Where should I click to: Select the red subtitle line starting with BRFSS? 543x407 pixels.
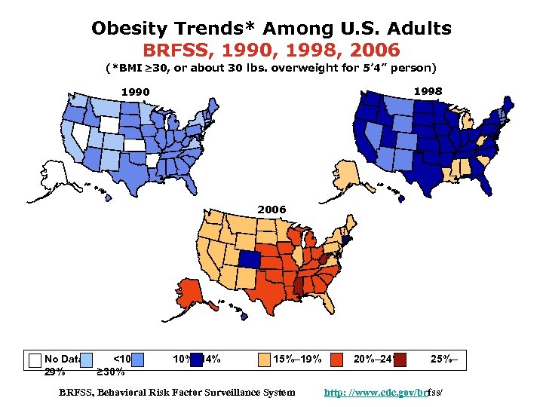[271, 50]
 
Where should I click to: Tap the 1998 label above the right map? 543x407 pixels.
[428, 91]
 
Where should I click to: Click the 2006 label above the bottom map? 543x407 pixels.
[271, 208]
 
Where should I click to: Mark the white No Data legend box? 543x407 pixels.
[34, 360]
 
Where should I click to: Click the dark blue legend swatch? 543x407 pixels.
[197, 360]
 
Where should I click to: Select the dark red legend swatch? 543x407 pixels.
[400, 360]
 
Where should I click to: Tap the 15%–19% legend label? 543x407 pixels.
[296, 360]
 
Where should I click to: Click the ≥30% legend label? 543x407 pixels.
[112, 372]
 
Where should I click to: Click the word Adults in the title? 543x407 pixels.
[419, 29]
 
